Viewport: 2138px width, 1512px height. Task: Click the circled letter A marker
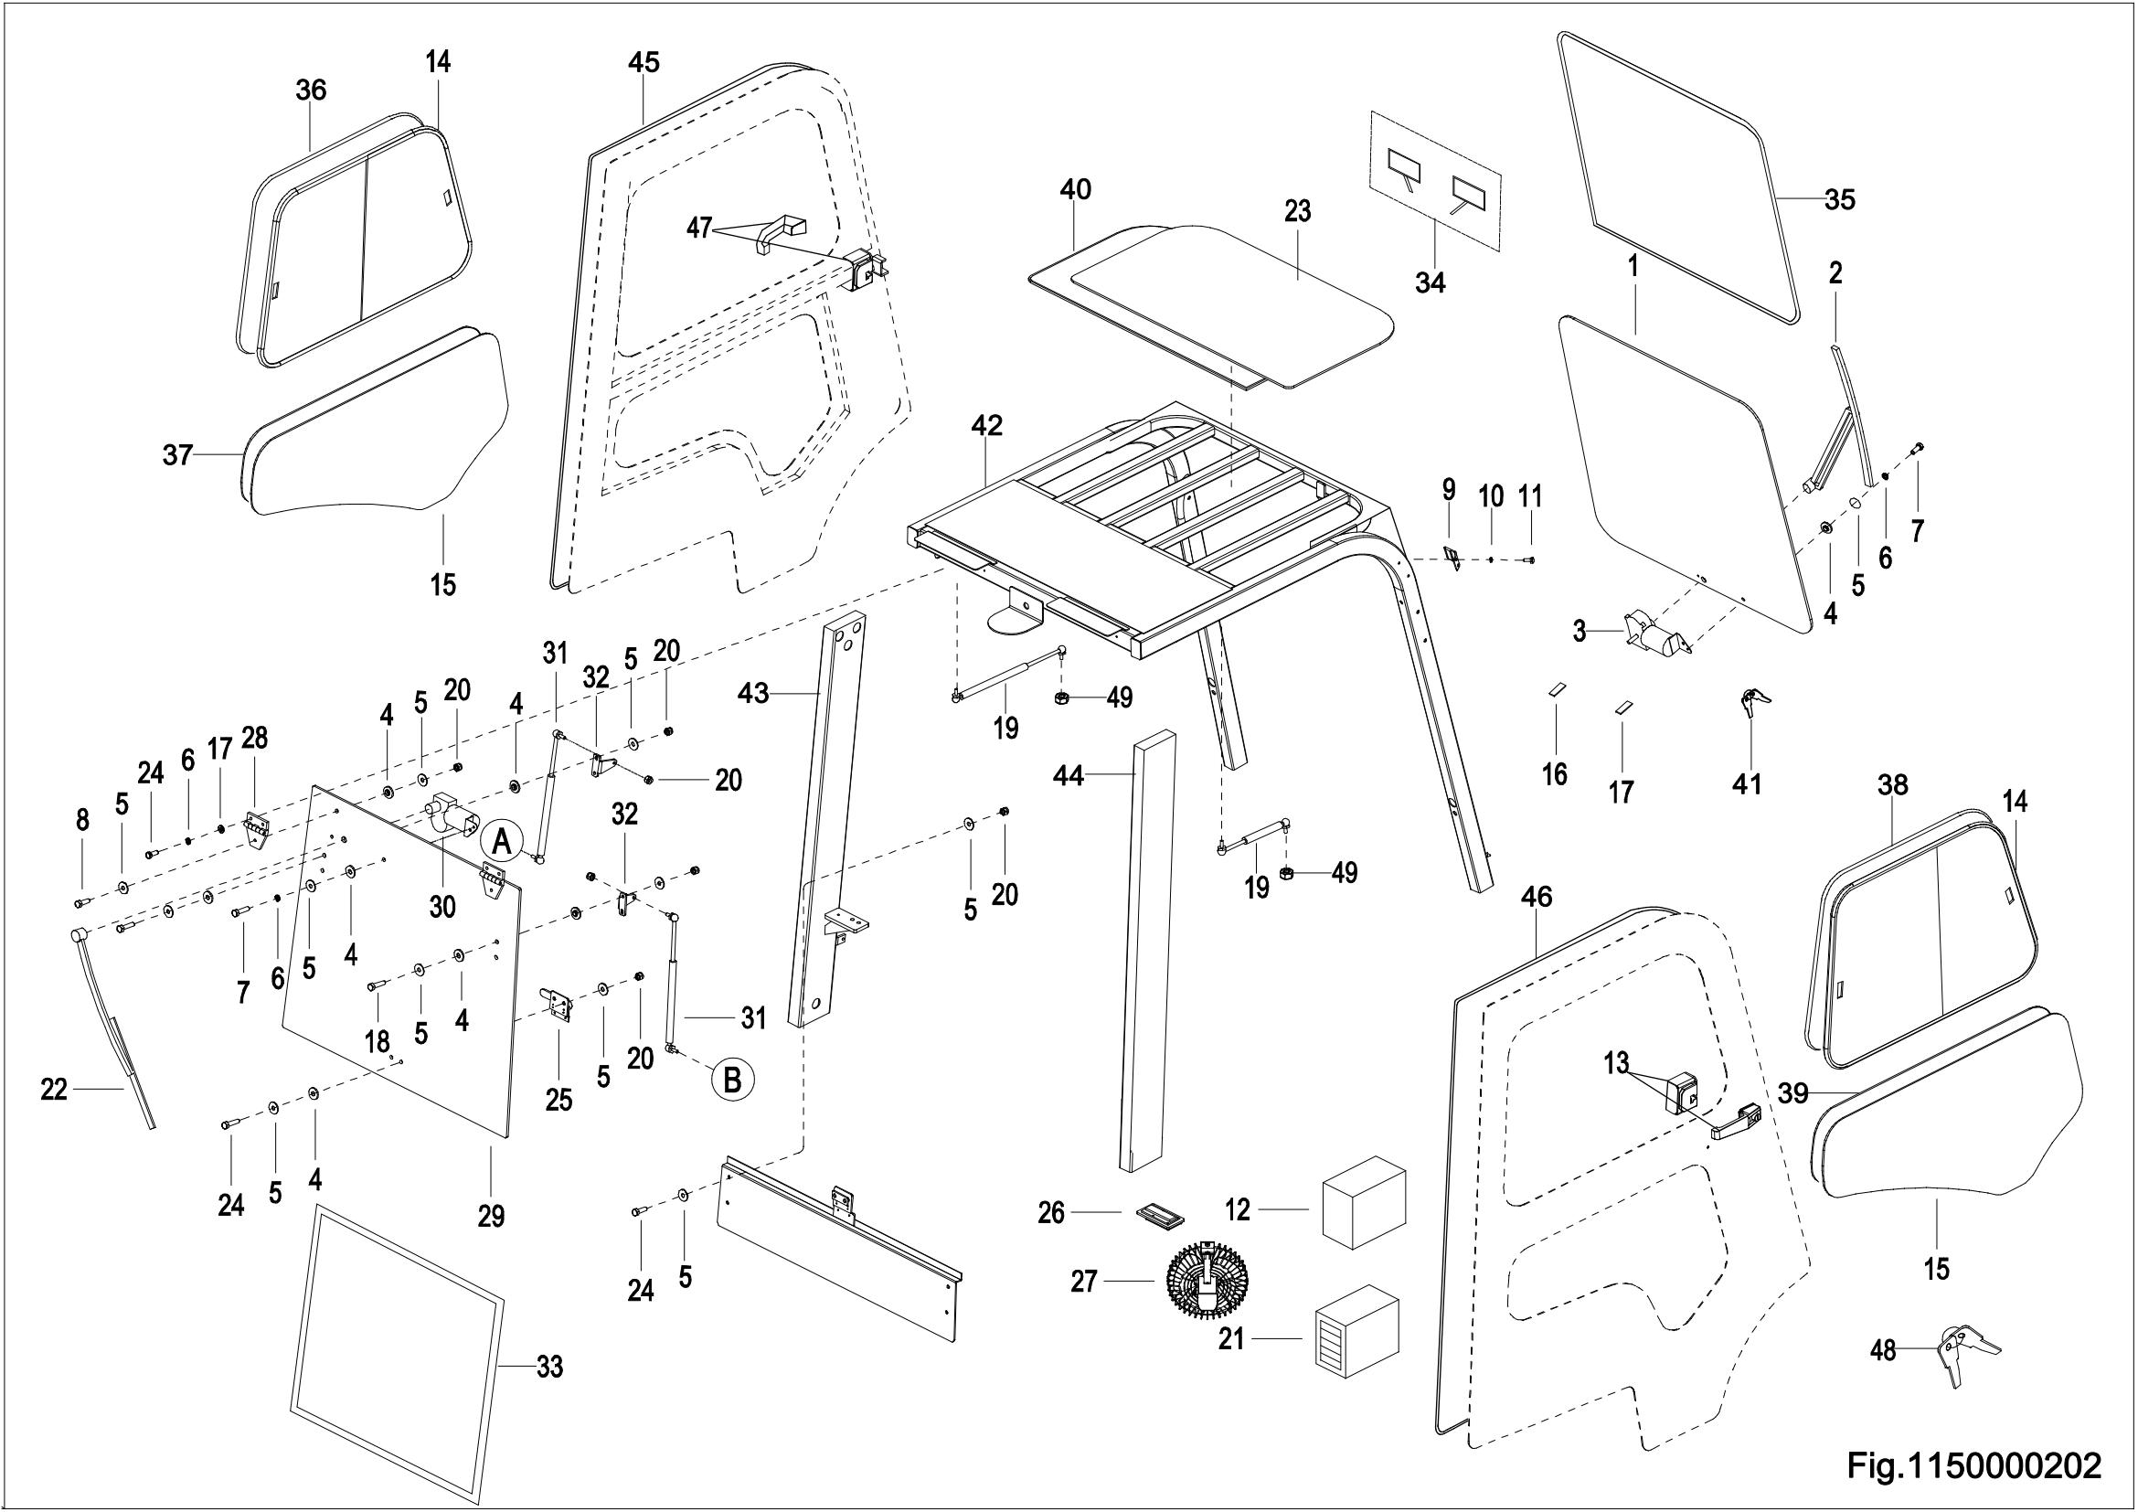[501, 842]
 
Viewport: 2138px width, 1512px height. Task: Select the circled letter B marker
[733, 1080]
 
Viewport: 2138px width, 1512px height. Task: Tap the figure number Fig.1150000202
[1973, 1467]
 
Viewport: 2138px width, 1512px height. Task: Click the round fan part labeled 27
[1207, 1282]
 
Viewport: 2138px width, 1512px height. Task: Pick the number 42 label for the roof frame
[986, 425]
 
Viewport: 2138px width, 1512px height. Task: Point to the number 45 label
[644, 62]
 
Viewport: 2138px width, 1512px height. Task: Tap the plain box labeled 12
[1363, 1209]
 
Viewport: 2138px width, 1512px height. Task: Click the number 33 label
[549, 1368]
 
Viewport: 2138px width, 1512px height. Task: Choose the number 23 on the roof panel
[1297, 211]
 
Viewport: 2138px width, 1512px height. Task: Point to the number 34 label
[1431, 282]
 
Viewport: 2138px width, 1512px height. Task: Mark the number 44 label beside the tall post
[1068, 774]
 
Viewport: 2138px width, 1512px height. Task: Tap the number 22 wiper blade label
[54, 1089]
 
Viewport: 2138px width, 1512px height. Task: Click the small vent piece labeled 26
[1159, 1213]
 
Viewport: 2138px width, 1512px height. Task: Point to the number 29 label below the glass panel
[491, 1216]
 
